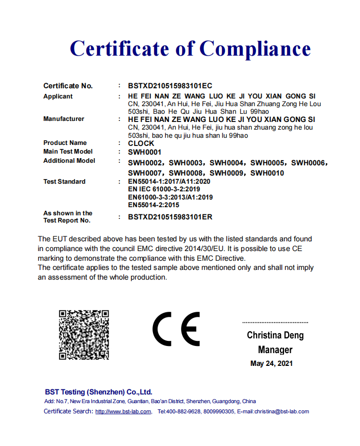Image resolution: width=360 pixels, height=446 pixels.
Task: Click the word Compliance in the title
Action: (x=254, y=49)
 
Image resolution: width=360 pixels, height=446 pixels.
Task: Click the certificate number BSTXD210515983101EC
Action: (x=170, y=86)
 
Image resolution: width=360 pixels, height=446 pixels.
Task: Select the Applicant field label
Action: (x=58, y=96)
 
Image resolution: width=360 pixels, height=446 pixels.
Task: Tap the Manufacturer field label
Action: (x=64, y=119)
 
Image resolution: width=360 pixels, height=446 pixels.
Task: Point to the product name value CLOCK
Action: (x=141, y=143)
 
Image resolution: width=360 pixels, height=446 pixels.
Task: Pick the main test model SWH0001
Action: (x=145, y=152)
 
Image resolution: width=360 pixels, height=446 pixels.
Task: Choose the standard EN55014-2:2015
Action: (x=153, y=205)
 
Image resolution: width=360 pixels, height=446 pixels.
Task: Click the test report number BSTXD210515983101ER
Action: (x=170, y=217)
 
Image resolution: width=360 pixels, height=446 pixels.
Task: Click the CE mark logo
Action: (x=177, y=329)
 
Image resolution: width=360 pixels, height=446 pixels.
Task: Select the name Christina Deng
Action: (x=275, y=335)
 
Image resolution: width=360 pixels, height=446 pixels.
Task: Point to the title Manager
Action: (x=275, y=350)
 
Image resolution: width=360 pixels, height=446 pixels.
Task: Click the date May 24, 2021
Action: (x=272, y=364)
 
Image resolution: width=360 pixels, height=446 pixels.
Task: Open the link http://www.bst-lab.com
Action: (x=123, y=412)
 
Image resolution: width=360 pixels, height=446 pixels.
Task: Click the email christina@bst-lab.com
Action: (x=281, y=412)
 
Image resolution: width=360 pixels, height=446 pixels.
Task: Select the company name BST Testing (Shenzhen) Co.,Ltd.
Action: (x=98, y=392)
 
